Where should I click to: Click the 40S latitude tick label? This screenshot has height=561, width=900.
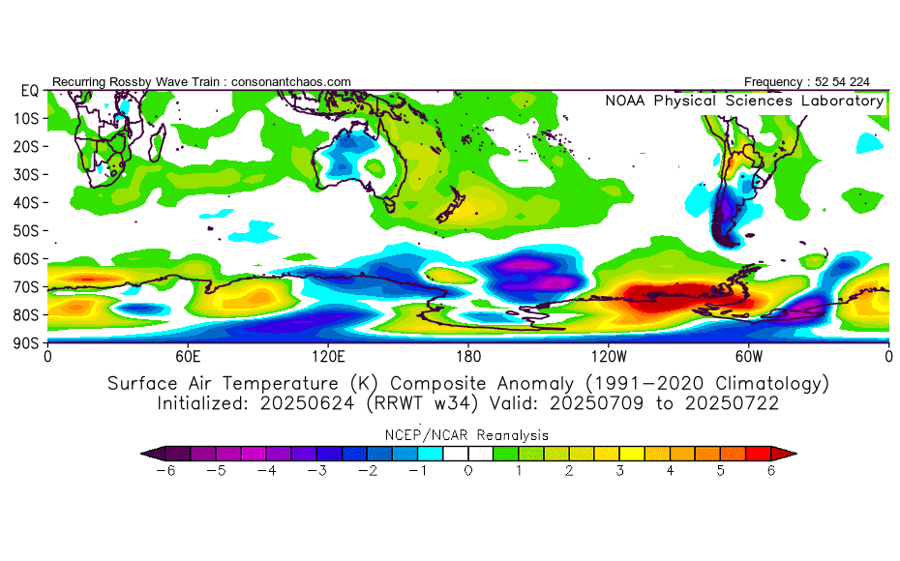click(27, 203)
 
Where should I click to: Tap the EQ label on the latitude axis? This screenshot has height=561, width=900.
click(29, 91)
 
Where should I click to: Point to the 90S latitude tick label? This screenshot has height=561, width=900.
click(27, 343)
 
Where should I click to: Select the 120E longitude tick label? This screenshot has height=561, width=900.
click(328, 356)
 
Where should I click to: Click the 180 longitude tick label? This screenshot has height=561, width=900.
click(468, 356)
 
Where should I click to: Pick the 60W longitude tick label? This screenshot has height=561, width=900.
click(748, 356)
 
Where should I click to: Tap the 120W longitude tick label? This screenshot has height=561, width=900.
click(608, 356)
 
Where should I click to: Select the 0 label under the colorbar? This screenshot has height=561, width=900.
click(468, 471)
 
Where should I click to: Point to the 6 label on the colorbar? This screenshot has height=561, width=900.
click(772, 471)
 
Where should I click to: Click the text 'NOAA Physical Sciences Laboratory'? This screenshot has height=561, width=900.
click(744, 101)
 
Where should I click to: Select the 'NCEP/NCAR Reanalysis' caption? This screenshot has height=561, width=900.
click(468, 434)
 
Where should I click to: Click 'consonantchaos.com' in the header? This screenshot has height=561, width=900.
click(291, 82)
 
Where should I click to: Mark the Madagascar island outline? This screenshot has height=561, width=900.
click(157, 145)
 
